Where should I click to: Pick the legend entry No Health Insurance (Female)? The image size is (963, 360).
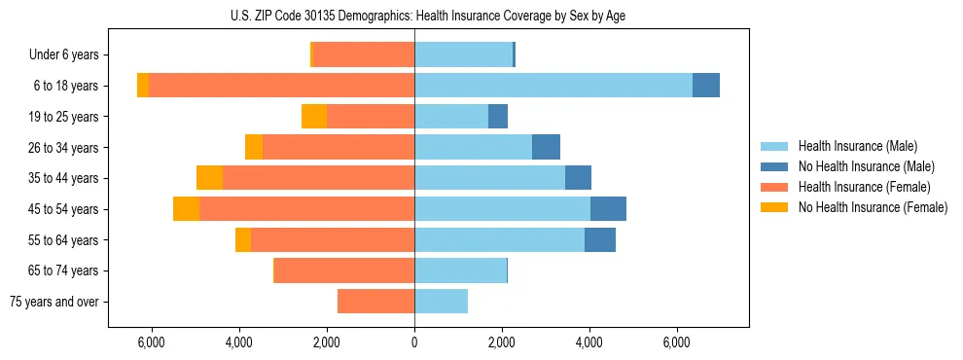873,207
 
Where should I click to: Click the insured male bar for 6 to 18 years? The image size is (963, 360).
553,86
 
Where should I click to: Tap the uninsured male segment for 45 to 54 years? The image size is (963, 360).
608,209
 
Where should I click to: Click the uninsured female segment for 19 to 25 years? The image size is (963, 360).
314,117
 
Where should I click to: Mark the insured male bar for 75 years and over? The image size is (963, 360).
441,302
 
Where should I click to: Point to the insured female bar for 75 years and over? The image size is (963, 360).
375,302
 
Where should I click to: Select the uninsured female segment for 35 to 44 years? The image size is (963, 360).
209,178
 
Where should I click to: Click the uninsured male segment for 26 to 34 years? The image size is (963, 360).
546,147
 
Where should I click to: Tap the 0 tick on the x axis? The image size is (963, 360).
414,342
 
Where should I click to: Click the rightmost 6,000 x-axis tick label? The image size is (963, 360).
677,342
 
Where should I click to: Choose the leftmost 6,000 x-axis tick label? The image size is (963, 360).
152,342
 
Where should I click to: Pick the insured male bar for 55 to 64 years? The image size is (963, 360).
499,239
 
